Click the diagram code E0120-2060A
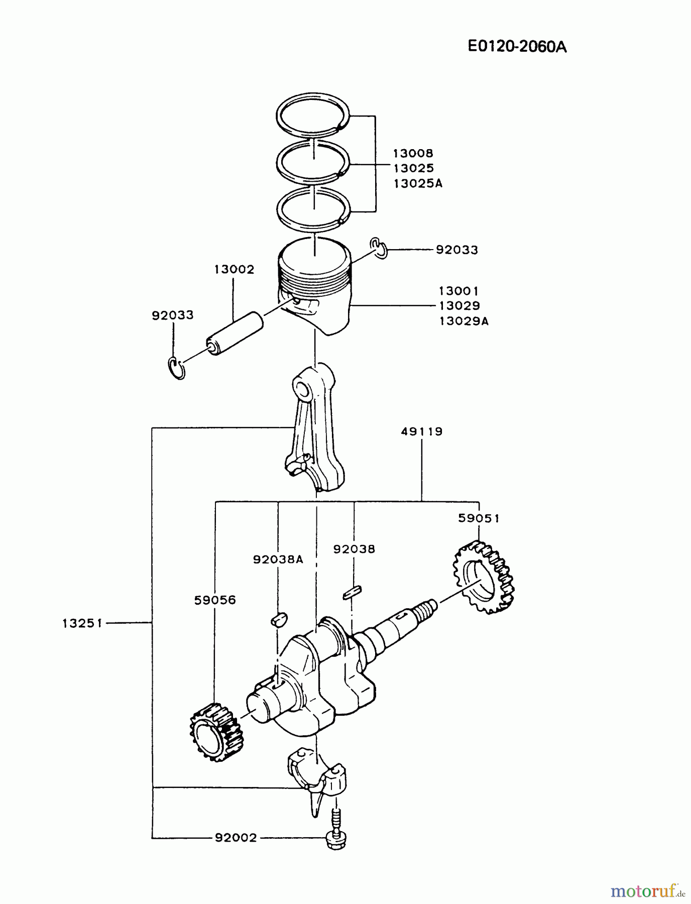(x=517, y=47)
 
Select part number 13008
(x=413, y=153)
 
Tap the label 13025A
(x=418, y=183)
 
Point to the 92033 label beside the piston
(x=456, y=250)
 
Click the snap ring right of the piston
(x=380, y=248)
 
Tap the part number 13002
(x=234, y=269)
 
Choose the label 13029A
(x=464, y=321)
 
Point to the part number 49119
(x=422, y=431)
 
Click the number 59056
(x=215, y=600)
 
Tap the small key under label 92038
(x=352, y=593)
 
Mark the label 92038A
(x=278, y=559)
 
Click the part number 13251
(x=82, y=623)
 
